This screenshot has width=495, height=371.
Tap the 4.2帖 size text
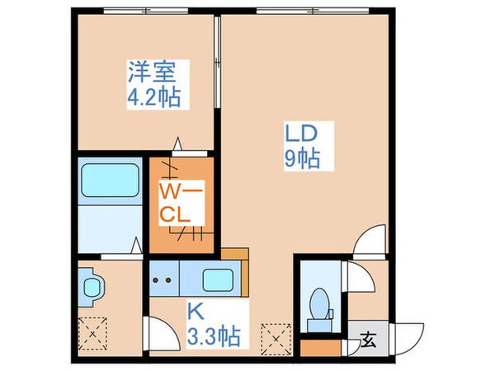153,97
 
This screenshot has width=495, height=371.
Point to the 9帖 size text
302,158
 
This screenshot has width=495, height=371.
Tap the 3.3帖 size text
212,336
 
